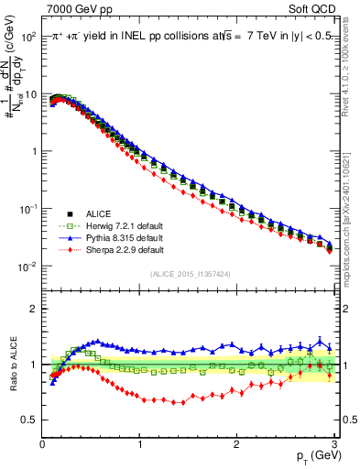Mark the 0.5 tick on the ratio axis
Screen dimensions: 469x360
point(30,420)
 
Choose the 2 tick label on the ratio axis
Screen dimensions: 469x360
point(34,309)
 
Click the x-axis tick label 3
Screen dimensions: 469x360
point(333,444)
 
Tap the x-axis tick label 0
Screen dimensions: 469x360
point(42,444)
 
